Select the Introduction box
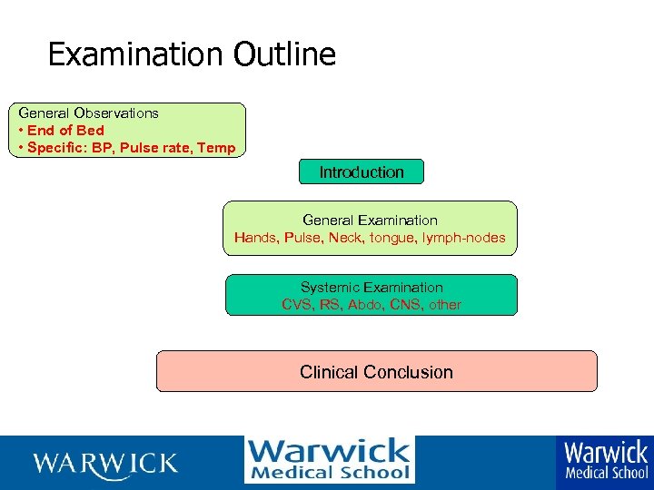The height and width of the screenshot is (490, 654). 362,171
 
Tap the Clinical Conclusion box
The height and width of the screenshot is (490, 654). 376,372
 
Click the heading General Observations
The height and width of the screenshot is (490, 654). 89,113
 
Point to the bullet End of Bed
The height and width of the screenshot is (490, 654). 64,131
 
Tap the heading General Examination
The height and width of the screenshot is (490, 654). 370,220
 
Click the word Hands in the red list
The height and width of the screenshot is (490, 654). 255,238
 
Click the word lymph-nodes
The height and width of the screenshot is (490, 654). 466,238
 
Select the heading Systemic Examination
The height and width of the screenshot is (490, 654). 372,288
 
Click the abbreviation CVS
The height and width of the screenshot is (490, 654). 298,305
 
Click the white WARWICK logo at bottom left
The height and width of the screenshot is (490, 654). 105,464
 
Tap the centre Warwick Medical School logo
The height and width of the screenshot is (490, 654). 329,460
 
